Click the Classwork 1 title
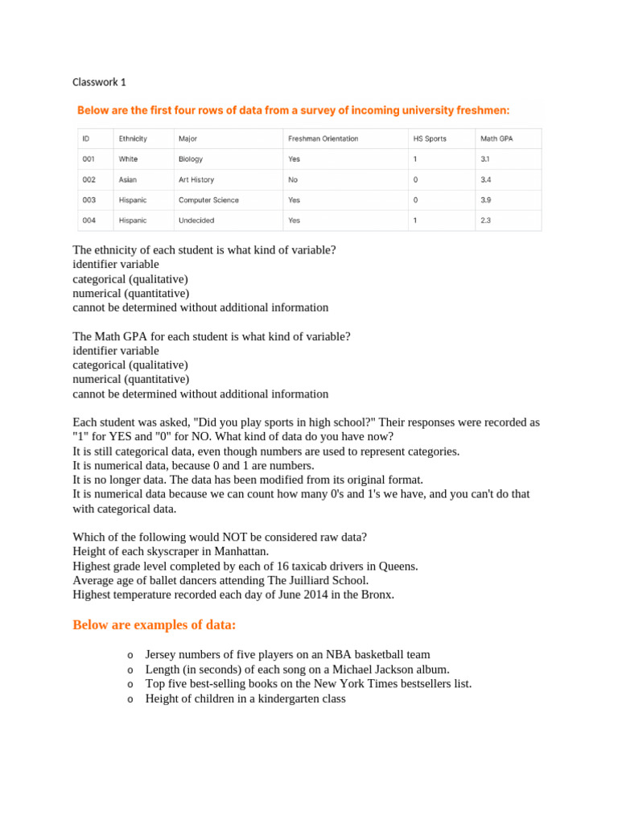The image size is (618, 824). click(99, 82)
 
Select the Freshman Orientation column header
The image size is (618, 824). click(323, 138)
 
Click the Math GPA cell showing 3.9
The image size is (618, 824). click(485, 200)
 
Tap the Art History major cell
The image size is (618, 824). click(196, 180)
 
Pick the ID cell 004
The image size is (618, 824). click(89, 220)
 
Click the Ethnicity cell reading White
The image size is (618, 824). click(128, 159)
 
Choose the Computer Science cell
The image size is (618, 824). click(208, 200)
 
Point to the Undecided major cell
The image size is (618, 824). click(196, 220)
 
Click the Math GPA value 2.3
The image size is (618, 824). click(485, 220)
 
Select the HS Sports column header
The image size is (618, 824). click(430, 138)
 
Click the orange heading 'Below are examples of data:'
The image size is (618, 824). click(154, 625)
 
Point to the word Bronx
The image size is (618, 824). click(377, 595)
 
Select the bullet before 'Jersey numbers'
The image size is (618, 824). click(130, 656)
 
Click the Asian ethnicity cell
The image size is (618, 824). click(127, 180)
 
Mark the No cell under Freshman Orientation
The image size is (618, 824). click(293, 180)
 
